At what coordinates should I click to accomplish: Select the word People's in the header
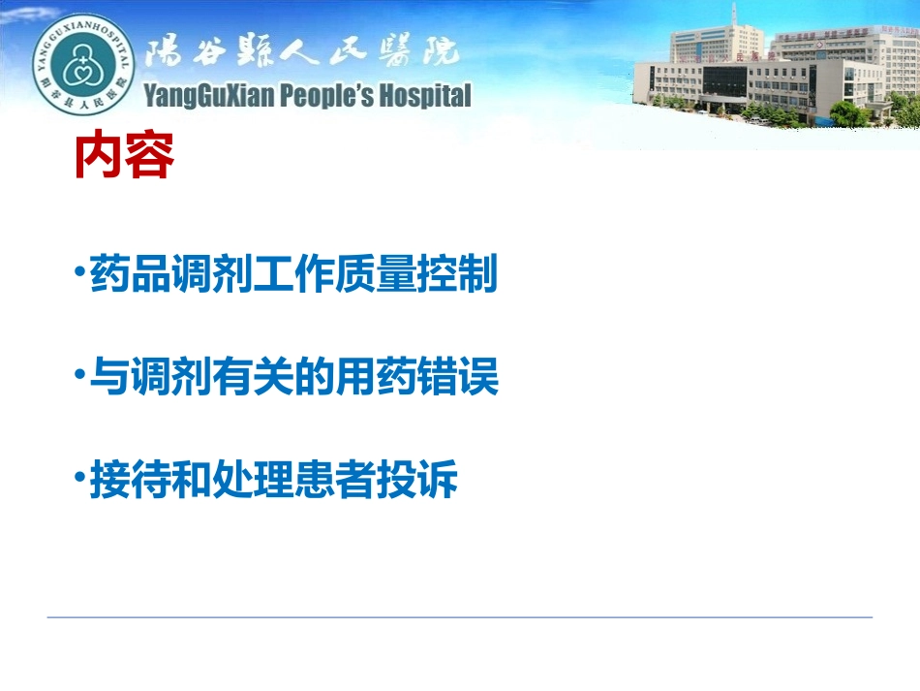click(324, 95)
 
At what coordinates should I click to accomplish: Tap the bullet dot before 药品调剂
click(78, 269)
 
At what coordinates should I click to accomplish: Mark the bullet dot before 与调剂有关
click(78, 373)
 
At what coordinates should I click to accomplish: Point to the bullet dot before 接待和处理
click(78, 476)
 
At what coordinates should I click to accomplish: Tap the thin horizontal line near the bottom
click(460, 616)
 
